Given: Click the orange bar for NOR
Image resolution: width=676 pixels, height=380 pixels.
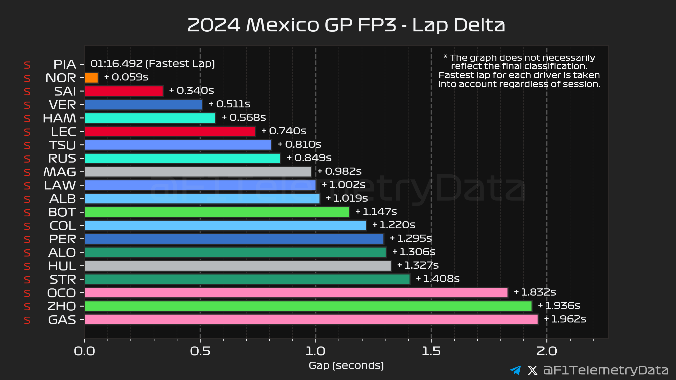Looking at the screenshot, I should (x=91, y=78).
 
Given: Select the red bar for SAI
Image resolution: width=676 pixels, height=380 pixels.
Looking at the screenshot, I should (x=124, y=91).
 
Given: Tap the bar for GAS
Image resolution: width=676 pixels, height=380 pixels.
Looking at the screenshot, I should (x=311, y=319).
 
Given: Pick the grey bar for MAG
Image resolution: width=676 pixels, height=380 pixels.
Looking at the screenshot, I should (x=198, y=172).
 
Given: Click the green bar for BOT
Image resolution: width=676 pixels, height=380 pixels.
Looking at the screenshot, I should (x=217, y=212).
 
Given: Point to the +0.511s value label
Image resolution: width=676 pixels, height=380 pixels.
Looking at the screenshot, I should (x=229, y=104).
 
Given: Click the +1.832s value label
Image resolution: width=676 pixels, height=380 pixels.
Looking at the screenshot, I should (x=535, y=292).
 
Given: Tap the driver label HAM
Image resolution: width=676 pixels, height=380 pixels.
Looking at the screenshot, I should (x=59, y=118).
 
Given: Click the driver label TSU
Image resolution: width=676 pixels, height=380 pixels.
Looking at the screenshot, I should (x=63, y=145).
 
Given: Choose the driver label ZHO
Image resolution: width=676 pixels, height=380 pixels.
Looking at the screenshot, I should (x=62, y=306).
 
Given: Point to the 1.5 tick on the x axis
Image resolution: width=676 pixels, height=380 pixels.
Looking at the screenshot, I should (x=431, y=351).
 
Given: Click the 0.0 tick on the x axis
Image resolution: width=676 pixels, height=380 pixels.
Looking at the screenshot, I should (x=84, y=351).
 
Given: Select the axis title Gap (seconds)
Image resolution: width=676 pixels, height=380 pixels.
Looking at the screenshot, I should (x=346, y=365).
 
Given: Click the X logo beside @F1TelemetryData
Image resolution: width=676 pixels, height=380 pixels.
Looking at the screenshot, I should (x=532, y=370).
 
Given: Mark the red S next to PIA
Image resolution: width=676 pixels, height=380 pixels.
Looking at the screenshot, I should (x=27, y=65).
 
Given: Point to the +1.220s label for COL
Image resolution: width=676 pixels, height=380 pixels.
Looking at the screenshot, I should (x=394, y=225).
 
